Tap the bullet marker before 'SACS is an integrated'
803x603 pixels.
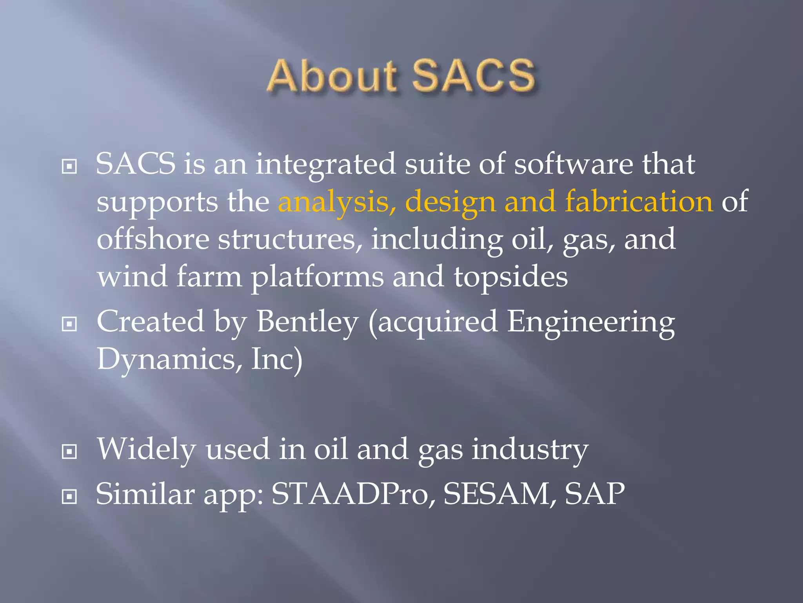(69, 167)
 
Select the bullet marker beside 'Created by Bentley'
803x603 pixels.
(69, 324)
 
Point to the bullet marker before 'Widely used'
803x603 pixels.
(69, 452)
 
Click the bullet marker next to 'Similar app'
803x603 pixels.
(69, 497)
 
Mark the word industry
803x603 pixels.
(530, 450)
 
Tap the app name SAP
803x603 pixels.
(594, 494)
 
